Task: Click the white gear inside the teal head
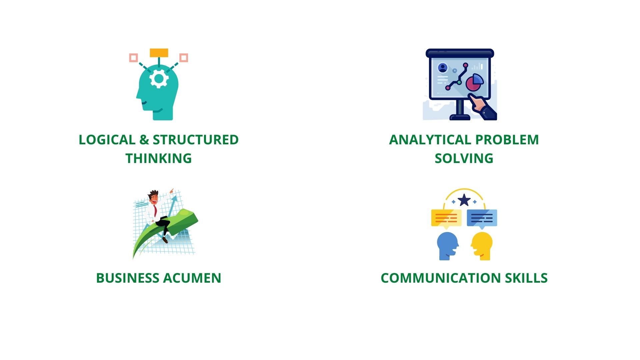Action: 159,79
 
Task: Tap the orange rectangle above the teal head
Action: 159,53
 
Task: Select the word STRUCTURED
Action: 196,140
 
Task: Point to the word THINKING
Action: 159,158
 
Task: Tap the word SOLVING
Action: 464,158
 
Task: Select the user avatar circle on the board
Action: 443,68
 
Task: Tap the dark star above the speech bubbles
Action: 464,201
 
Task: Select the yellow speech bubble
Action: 446,218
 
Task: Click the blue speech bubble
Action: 482,218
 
